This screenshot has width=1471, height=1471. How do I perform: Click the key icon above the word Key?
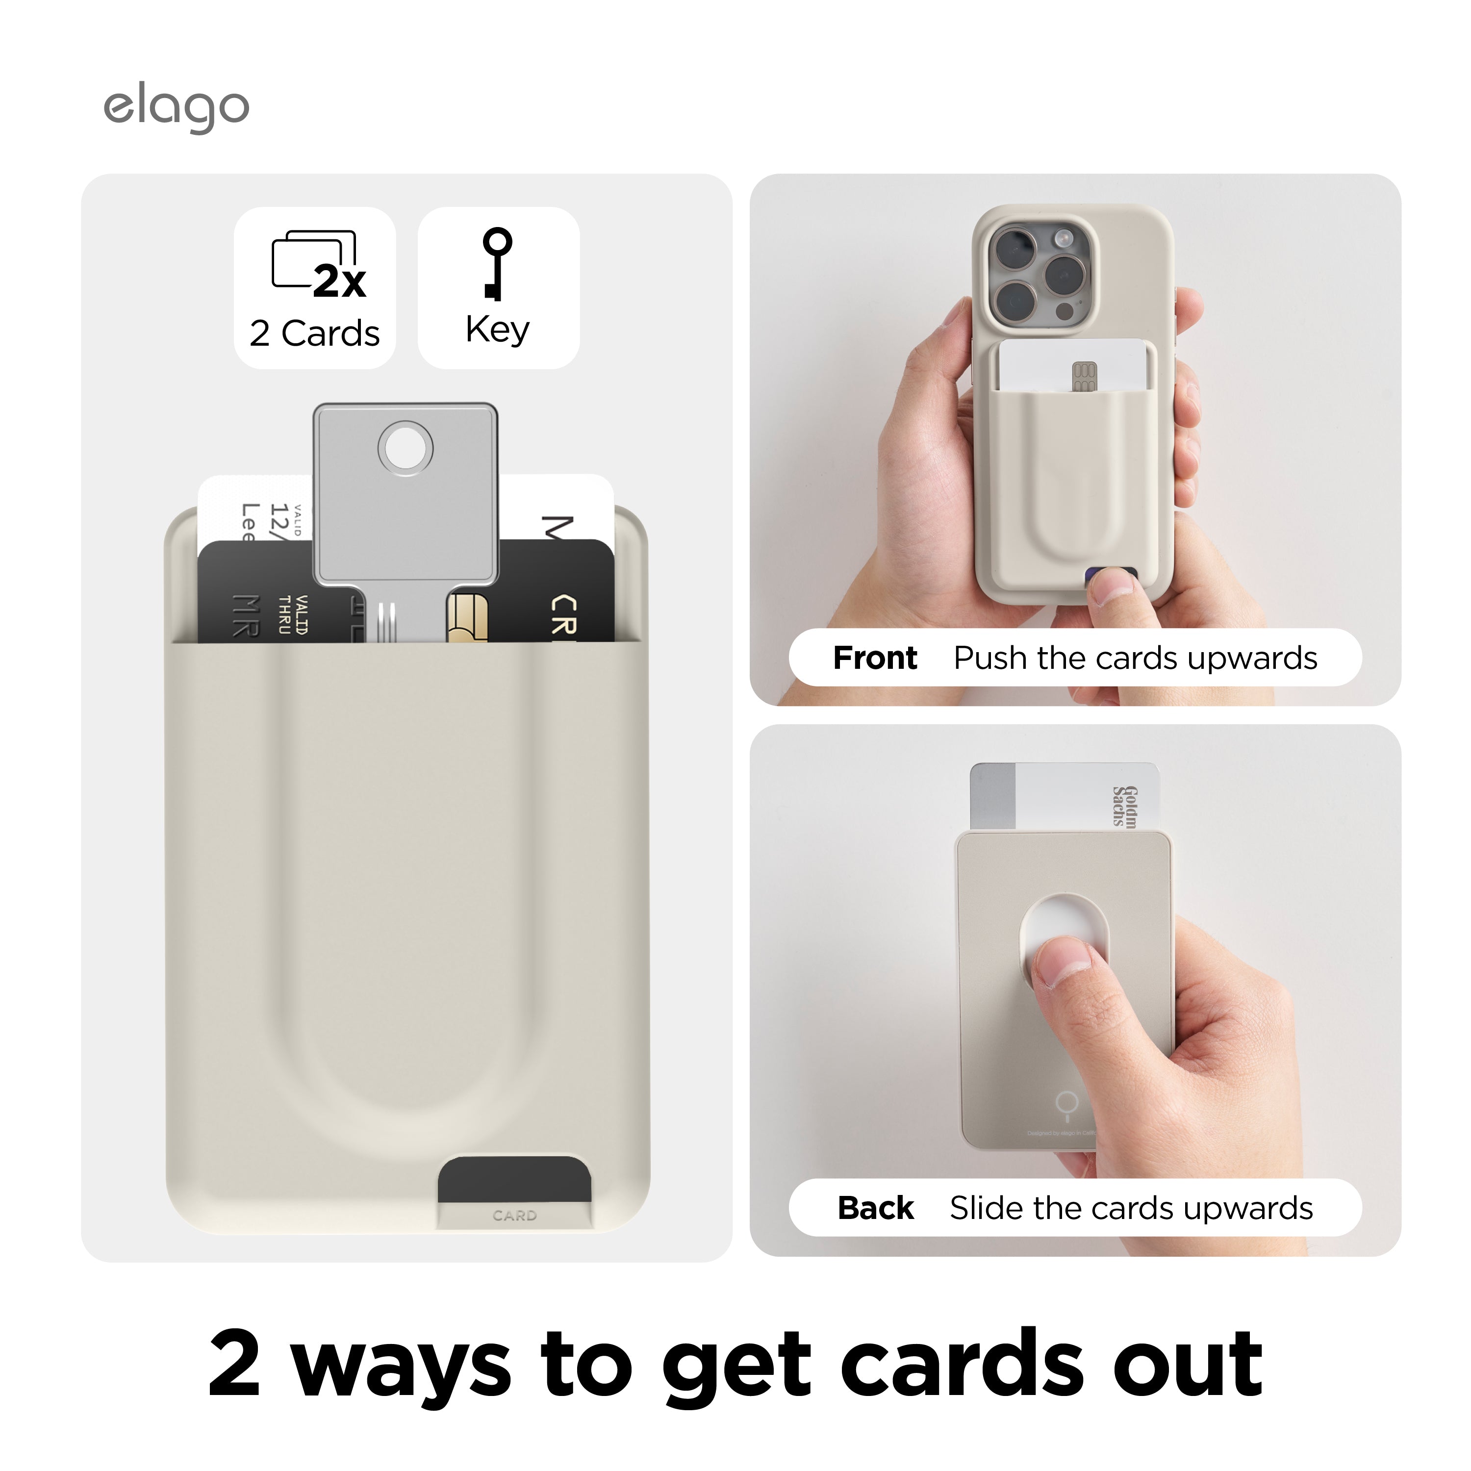496,263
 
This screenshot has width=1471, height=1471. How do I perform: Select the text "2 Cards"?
314,333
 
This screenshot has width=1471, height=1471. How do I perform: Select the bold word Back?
876,1208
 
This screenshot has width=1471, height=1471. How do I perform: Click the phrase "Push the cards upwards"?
1135,658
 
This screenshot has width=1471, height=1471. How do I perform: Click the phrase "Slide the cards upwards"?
1131,1208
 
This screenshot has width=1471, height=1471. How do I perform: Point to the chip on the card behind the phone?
1084,376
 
